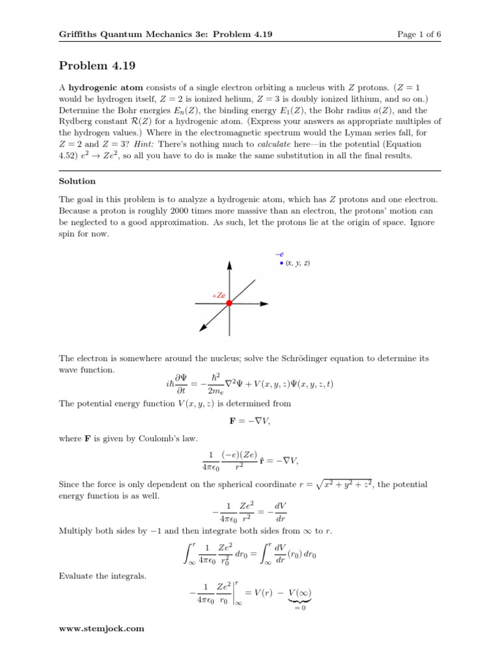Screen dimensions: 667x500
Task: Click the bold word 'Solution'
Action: pyautogui.click(x=77, y=180)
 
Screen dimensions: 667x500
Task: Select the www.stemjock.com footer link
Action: pyautogui.click(x=101, y=629)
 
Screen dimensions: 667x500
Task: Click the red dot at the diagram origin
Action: pyautogui.click(x=229, y=304)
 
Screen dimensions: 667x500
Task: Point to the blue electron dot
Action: pyautogui.click(x=281, y=263)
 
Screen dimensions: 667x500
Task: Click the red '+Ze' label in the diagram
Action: pyautogui.click(x=218, y=295)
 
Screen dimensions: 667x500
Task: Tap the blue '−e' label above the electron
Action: pyautogui.click(x=279, y=254)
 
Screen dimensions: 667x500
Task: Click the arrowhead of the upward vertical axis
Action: pyautogui.click(x=229, y=265)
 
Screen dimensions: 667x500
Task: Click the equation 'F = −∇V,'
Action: pyautogui.click(x=250, y=422)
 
